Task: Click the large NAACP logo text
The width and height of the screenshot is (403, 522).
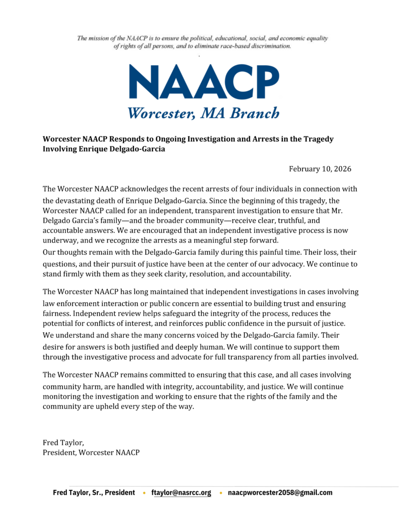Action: (x=203, y=83)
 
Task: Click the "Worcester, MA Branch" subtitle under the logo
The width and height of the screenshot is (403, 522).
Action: (x=203, y=113)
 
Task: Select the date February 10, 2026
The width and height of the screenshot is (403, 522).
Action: (x=320, y=169)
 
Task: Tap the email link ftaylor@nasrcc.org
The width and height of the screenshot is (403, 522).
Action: (x=181, y=493)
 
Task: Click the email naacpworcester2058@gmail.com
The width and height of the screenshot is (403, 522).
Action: (x=280, y=493)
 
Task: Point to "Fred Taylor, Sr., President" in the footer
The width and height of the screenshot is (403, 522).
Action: (x=94, y=493)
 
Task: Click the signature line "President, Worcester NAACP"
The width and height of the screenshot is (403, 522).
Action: (x=91, y=452)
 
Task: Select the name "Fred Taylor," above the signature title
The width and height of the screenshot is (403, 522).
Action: (x=63, y=442)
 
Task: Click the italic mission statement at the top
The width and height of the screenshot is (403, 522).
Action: (x=202, y=42)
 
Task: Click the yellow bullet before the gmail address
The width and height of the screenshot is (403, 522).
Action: (x=220, y=493)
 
